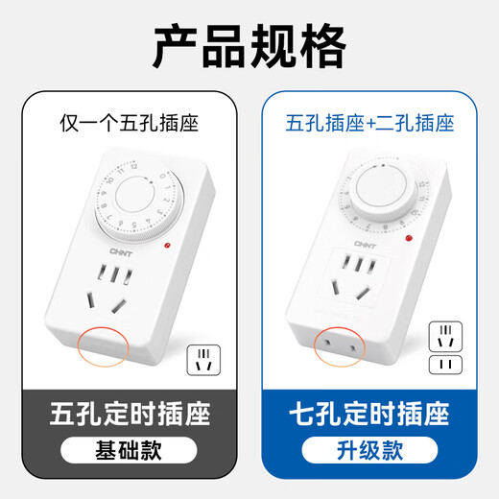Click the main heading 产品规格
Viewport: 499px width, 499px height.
coord(249,42)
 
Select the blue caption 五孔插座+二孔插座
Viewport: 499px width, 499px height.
coord(369,123)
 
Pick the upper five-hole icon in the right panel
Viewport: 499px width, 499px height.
coord(442,338)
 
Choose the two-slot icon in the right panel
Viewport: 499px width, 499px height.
coord(442,366)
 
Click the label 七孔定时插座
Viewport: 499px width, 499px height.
coord(369,416)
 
